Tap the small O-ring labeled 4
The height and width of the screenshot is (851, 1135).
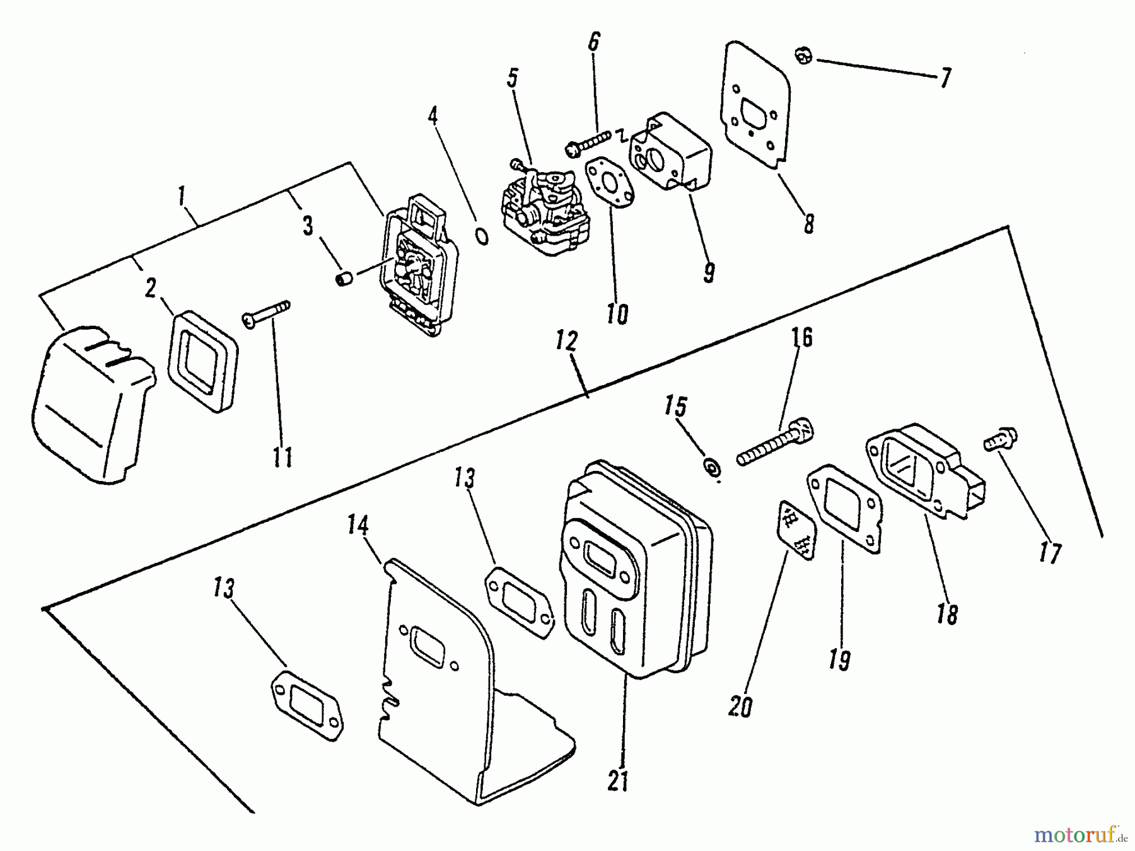pyautogui.click(x=481, y=238)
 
